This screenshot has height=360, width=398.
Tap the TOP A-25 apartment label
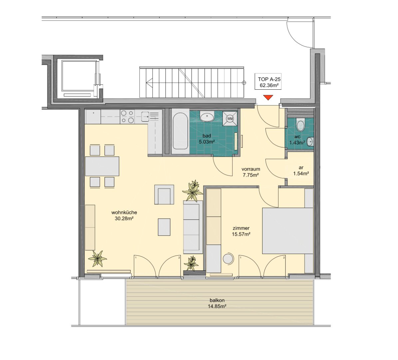(x=269, y=82)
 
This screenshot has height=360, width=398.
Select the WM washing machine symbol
(x=230, y=119)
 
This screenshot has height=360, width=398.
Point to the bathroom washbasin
(x=207, y=117)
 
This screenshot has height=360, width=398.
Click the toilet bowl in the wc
(x=300, y=125)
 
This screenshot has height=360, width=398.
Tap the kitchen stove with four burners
(x=128, y=116)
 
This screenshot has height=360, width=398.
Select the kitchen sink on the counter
(x=145, y=117)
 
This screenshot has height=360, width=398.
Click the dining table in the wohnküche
(x=102, y=166)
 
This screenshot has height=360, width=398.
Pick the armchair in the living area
(x=164, y=194)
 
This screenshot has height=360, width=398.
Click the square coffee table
(x=164, y=227)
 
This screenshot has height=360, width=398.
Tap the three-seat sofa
(x=193, y=227)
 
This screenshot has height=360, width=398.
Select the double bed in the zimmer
(x=288, y=230)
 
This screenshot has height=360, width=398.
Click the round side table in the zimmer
(x=228, y=258)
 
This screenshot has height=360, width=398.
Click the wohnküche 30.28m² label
(x=124, y=215)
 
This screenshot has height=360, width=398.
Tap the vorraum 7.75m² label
(x=251, y=172)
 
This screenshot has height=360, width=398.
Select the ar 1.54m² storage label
(x=301, y=171)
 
